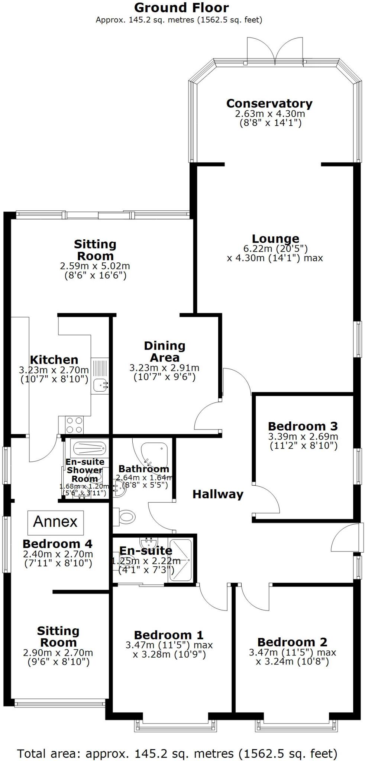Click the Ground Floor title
(x=181, y=7)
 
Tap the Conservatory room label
(x=269, y=103)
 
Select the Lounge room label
(x=275, y=239)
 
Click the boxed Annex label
(x=55, y=522)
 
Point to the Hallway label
(x=218, y=494)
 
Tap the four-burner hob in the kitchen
(x=74, y=425)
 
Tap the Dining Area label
(x=164, y=352)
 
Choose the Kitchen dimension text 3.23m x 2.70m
(x=54, y=370)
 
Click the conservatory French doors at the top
(x=275, y=52)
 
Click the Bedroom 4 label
(x=57, y=544)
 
